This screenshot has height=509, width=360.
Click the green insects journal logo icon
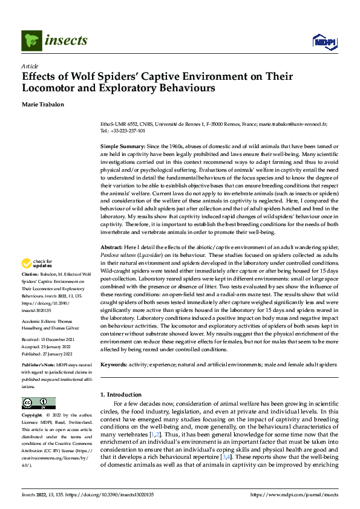[x=31, y=41]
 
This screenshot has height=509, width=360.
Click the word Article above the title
[x=29, y=66]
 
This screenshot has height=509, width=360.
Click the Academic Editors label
[x=40, y=322]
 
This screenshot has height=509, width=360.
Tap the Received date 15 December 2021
[x=58, y=339]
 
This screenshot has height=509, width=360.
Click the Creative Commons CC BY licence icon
[x=38, y=403]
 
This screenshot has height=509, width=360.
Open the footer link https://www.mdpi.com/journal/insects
[x=293, y=494]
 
